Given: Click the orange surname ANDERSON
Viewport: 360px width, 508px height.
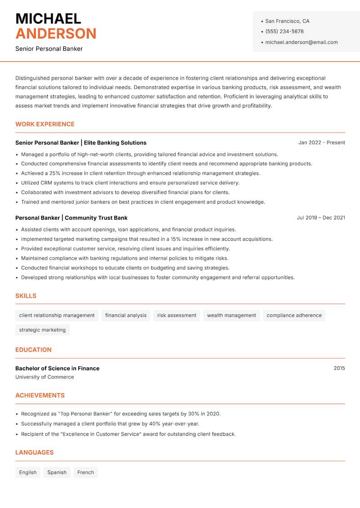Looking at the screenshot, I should [x=56, y=34].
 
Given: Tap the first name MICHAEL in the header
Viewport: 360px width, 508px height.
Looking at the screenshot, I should [x=48, y=19].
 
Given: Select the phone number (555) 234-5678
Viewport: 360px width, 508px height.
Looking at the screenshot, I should [x=284, y=31].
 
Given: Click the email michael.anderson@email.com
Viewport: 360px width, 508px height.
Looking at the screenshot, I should [x=301, y=42].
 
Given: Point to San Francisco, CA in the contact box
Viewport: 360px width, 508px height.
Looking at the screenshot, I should [x=287, y=21].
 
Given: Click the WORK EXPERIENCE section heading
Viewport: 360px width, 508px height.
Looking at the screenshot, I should [x=45, y=124].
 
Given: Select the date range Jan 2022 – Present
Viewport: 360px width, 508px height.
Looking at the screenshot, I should [x=321, y=143].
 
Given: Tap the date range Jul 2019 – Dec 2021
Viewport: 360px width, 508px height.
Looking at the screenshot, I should [x=320, y=218].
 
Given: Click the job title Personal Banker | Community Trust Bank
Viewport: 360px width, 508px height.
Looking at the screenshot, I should [x=71, y=218].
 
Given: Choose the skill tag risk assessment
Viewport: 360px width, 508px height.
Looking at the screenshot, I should [x=176, y=316].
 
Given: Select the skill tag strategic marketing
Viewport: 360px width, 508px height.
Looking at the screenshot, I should [x=42, y=330].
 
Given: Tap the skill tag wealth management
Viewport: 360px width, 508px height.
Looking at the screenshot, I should [x=231, y=316].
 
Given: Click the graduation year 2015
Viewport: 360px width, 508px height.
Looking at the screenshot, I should [x=339, y=368].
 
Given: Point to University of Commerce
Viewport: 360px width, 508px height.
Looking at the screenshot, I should [x=45, y=377].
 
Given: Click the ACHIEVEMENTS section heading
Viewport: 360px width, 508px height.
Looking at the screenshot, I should [x=40, y=396].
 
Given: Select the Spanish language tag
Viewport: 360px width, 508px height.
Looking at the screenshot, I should [x=57, y=472].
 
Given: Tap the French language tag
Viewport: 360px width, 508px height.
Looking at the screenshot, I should [x=85, y=472].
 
